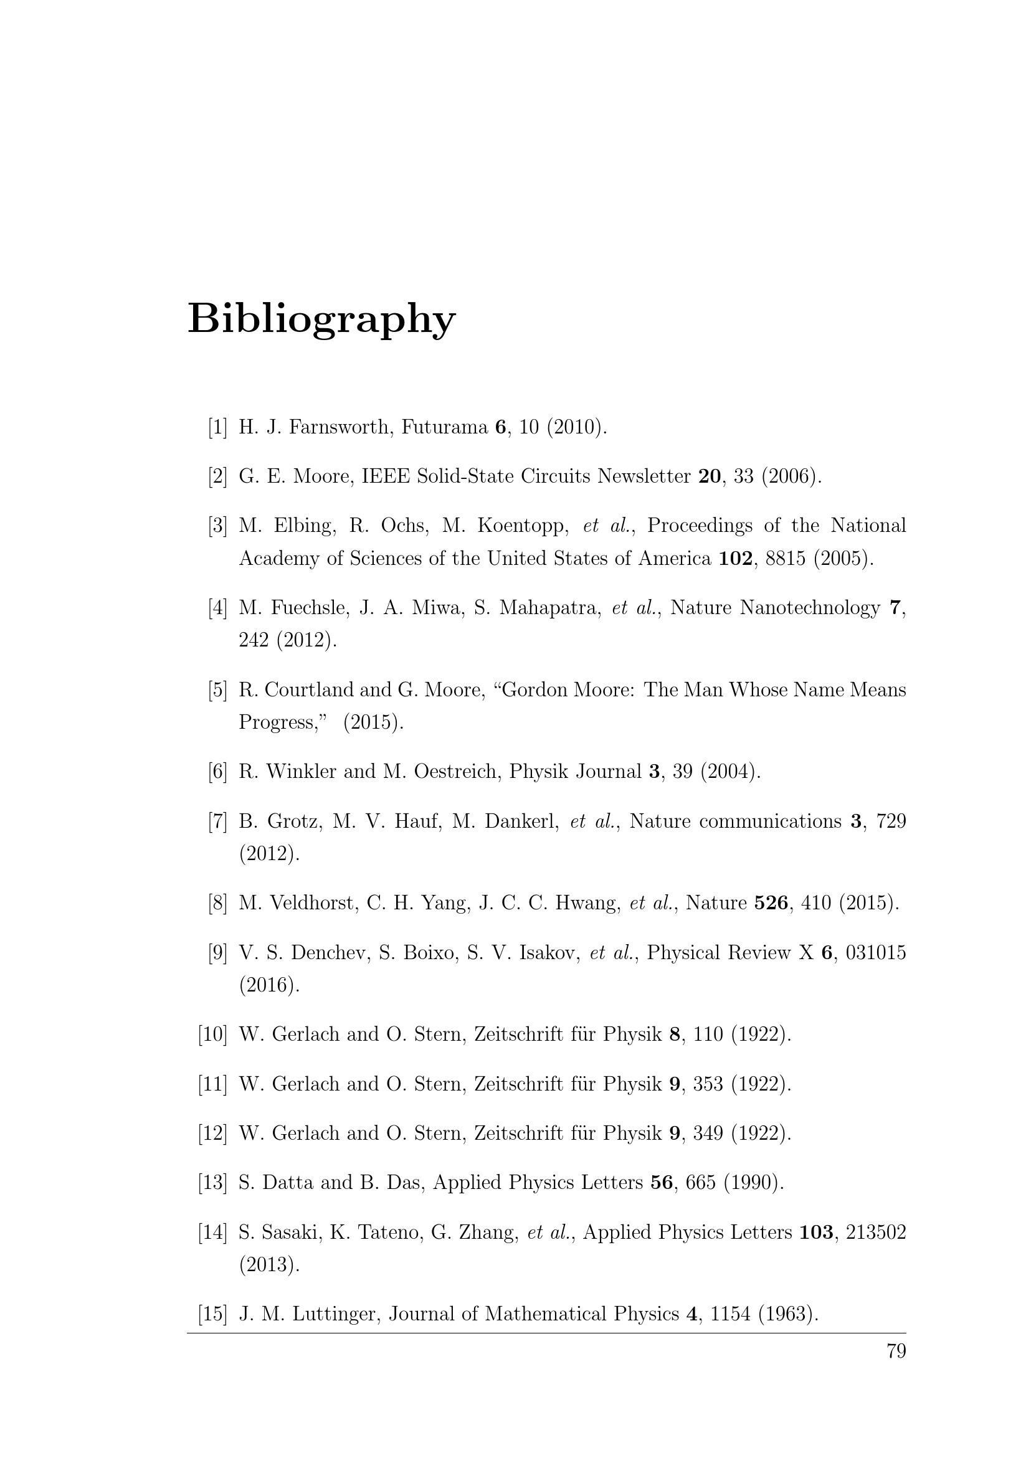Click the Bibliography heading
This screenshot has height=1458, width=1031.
[321, 319]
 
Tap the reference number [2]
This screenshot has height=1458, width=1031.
[217, 476]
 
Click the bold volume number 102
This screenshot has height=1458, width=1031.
[735, 559]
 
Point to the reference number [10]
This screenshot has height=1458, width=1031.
[213, 1034]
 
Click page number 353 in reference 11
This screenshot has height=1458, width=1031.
[708, 1084]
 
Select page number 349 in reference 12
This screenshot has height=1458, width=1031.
[708, 1134]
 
